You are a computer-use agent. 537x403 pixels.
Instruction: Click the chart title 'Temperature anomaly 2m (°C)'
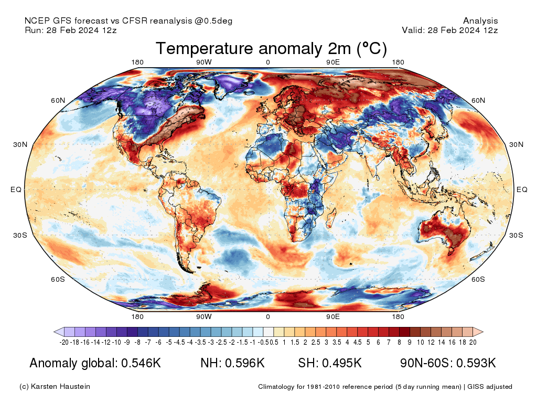click(x=271, y=49)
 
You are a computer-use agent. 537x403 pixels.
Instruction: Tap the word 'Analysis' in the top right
click(x=480, y=21)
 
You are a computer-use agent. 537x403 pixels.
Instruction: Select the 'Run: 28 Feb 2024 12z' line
click(x=70, y=30)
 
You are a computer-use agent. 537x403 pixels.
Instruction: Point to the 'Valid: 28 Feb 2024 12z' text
click(x=449, y=30)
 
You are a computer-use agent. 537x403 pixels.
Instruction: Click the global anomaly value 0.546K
click(x=141, y=363)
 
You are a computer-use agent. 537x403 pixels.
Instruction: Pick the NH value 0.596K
click(x=245, y=363)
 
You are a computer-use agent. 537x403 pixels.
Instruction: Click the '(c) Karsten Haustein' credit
click(x=55, y=387)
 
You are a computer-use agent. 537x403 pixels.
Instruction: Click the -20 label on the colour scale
click(x=64, y=343)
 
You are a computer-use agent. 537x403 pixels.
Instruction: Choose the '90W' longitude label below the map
click(x=203, y=317)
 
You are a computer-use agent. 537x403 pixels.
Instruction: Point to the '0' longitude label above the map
click(x=268, y=62)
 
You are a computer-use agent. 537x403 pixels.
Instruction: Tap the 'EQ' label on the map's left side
click(x=16, y=189)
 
